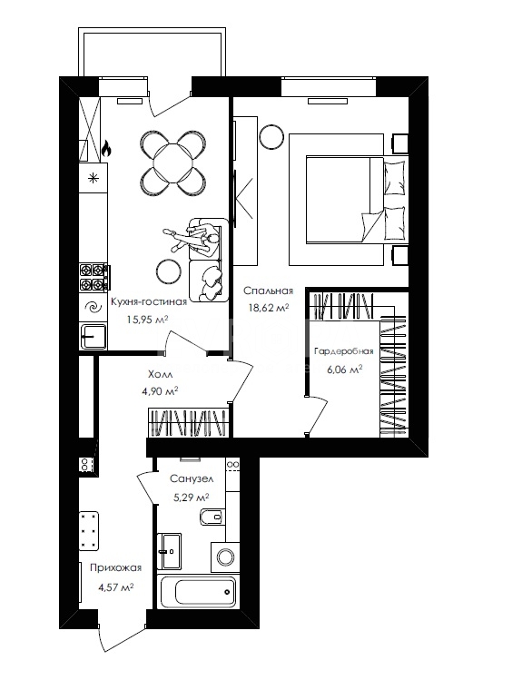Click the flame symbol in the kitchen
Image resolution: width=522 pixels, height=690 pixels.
point(105,150)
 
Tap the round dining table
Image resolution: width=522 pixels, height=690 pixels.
point(173,163)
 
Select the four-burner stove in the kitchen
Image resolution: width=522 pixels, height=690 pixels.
point(94,277)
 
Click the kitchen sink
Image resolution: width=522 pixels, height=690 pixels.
point(93,337)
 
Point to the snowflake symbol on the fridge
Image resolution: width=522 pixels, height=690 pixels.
point(93,178)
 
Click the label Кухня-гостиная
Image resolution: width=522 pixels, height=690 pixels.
point(149,301)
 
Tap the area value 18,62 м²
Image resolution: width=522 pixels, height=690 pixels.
point(269,308)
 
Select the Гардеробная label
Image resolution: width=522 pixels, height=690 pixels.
point(344,351)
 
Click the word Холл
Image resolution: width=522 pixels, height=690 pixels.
point(160,374)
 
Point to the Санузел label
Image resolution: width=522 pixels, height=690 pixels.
point(192,478)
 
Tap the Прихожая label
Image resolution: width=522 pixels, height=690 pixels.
point(116,567)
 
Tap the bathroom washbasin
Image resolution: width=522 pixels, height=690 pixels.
point(169,551)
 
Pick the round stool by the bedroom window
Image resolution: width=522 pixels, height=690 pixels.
point(271,137)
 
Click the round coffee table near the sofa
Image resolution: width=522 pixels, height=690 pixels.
point(169,271)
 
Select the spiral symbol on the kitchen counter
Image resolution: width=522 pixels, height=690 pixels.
point(93,307)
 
